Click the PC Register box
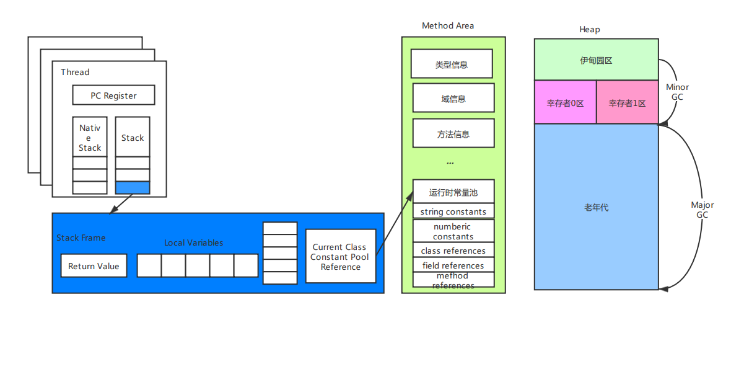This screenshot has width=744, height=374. (113, 96)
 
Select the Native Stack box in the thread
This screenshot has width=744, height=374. (90, 137)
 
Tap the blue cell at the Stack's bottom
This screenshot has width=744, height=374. (133, 187)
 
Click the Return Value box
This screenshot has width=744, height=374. (94, 266)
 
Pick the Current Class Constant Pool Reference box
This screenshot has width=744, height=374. (340, 256)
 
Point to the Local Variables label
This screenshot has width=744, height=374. (193, 243)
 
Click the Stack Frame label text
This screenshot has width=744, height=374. (81, 238)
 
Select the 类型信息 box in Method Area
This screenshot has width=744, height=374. (452, 65)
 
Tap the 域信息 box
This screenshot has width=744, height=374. (453, 99)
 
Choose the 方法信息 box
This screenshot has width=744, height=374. (453, 134)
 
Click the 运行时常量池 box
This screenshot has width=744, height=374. (453, 192)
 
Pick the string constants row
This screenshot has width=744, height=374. (453, 211)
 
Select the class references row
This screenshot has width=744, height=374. (453, 251)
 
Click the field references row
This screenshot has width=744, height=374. (453, 265)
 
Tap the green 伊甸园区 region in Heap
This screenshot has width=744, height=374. (596, 60)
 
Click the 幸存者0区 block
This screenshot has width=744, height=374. (565, 103)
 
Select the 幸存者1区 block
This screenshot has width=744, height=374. (627, 103)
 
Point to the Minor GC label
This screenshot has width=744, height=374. (677, 92)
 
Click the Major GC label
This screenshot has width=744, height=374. (702, 210)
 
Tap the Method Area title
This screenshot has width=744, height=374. (448, 26)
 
